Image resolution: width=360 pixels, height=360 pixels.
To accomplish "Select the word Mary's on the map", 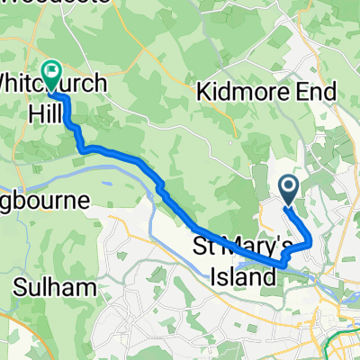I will pyautogui.click(x=256, y=245).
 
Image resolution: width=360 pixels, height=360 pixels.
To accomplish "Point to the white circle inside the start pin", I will pyautogui.click(x=289, y=185).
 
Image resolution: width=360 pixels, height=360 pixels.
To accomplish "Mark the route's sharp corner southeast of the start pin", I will pyautogui.click(x=311, y=241).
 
